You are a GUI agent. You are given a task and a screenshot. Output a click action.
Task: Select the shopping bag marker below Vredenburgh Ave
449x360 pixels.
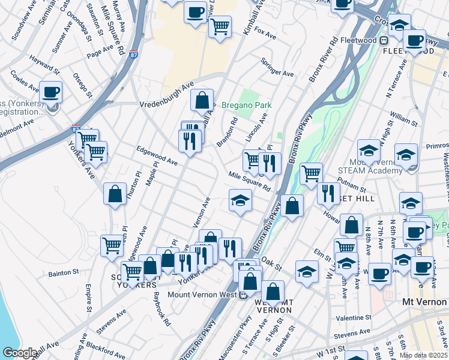[x=202, y=100]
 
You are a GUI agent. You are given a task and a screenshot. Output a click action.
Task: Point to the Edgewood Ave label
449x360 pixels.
[x=157, y=158]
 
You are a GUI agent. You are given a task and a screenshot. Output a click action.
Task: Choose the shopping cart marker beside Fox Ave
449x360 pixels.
[x=220, y=26]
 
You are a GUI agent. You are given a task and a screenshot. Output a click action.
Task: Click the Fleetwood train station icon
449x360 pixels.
[x=384, y=40]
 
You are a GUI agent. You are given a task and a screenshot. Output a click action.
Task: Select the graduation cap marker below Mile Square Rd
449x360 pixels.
[x=240, y=200]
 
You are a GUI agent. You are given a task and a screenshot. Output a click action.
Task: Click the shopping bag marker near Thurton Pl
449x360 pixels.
[x=115, y=194]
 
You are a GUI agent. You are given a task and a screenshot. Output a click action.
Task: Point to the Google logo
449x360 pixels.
[x=19, y=353]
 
